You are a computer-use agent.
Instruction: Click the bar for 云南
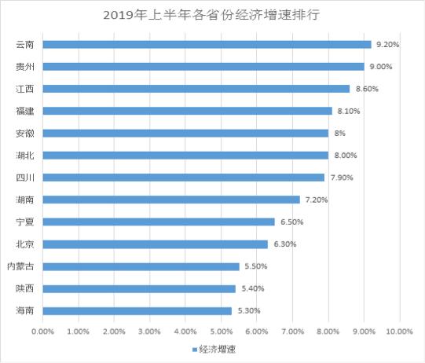pyautogui.click(x=207, y=45)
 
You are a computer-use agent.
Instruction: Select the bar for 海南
pyautogui.click(x=137, y=310)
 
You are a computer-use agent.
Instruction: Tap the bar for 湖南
pyautogui.click(x=171, y=200)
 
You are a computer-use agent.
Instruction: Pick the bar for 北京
pyautogui.click(x=156, y=244)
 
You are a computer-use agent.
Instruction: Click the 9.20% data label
pyautogui.click(x=388, y=45)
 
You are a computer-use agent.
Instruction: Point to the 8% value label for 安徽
pyautogui.click(x=340, y=134)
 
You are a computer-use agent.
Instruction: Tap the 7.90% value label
pyautogui.click(x=341, y=178)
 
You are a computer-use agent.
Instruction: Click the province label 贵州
pyautogui.click(x=24, y=67)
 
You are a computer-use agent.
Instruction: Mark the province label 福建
pyautogui.click(x=24, y=111)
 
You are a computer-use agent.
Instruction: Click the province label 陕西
pyautogui.click(x=24, y=288)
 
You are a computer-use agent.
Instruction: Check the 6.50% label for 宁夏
pyautogui.click(x=291, y=222)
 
